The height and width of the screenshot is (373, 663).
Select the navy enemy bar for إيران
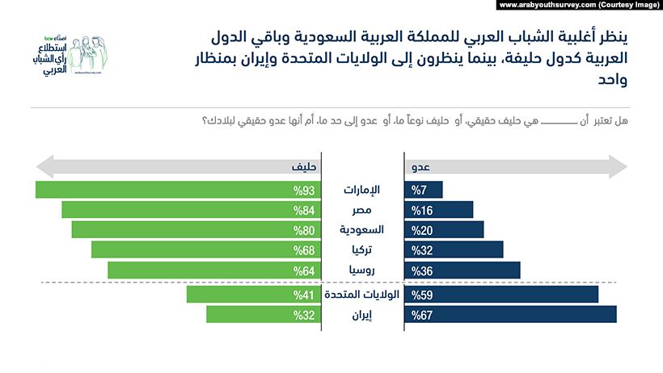(x=510, y=314)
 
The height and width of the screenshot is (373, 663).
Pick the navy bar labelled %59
(x=501, y=294)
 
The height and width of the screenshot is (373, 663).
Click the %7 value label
(x=418, y=191)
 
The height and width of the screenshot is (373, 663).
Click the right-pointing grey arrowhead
(x=619, y=168)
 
